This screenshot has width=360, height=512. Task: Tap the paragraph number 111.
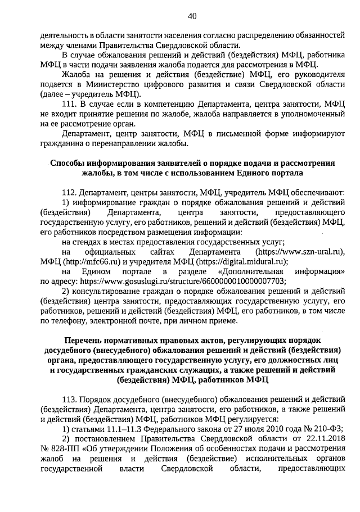pyautogui.click(x=69, y=104)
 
